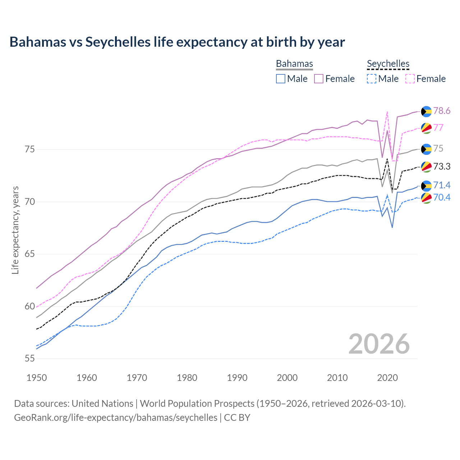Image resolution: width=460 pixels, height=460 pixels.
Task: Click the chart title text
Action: pyautogui.click(x=177, y=42)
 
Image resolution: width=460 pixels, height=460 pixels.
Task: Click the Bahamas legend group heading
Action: pyautogui.click(x=294, y=64)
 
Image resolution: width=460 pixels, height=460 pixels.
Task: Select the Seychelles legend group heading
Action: pyautogui.click(x=388, y=64)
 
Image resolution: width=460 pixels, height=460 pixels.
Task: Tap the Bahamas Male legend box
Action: pyautogui.click(x=281, y=79)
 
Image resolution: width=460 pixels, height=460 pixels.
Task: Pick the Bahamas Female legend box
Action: pyautogui.click(x=319, y=79)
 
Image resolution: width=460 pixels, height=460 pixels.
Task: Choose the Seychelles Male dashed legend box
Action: pyautogui.click(x=372, y=79)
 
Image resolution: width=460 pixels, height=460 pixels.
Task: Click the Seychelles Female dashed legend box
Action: pyautogui.click(x=410, y=79)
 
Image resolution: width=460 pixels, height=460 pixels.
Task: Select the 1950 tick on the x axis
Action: pyautogui.click(x=37, y=378)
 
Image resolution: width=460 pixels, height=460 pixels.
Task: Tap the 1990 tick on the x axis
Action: pyautogui.click(x=237, y=378)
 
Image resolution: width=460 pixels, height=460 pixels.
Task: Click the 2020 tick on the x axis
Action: pyautogui.click(x=387, y=378)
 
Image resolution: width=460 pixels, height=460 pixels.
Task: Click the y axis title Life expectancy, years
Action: pyautogui.click(x=15, y=230)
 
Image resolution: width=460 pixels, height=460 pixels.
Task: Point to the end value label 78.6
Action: pyautogui.click(x=442, y=111)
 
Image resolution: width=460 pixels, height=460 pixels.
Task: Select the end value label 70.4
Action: pyautogui.click(x=442, y=197)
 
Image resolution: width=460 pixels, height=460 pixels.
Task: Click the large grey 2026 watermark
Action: pyautogui.click(x=379, y=344)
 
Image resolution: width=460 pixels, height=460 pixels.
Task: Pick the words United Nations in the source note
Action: pyautogui.click(x=102, y=404)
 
